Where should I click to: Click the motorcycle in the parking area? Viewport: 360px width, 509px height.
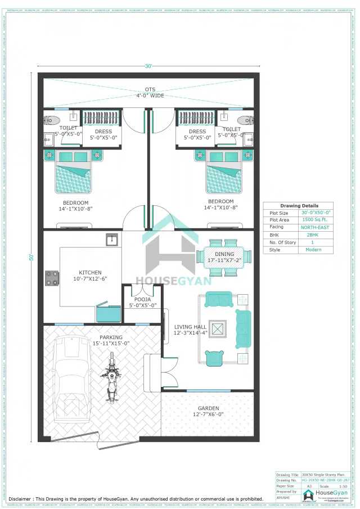pos(112,377)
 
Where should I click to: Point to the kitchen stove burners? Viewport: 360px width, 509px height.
pos(52,277)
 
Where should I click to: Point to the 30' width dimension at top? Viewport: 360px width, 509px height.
pos(148,66)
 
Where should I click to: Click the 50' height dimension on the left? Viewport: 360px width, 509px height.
pos(32,257)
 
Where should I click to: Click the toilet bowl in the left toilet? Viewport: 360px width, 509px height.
pos(52,120)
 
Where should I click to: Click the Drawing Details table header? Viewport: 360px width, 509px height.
pos(299,205)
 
